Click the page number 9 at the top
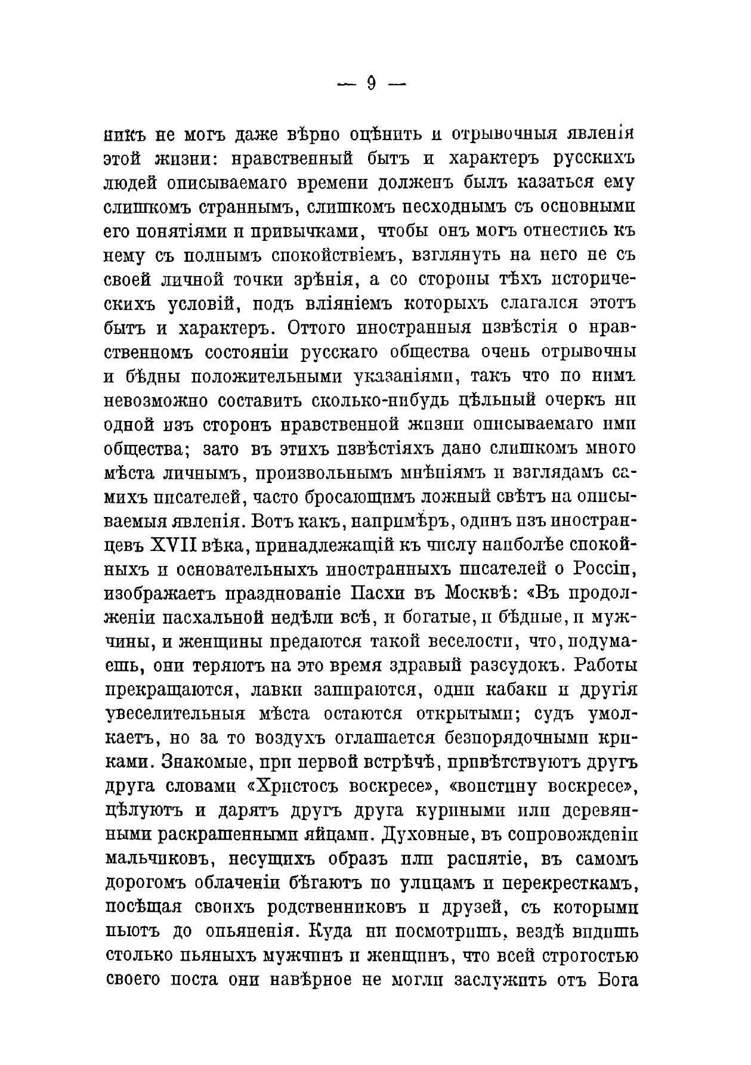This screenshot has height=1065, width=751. coord(371,83)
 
